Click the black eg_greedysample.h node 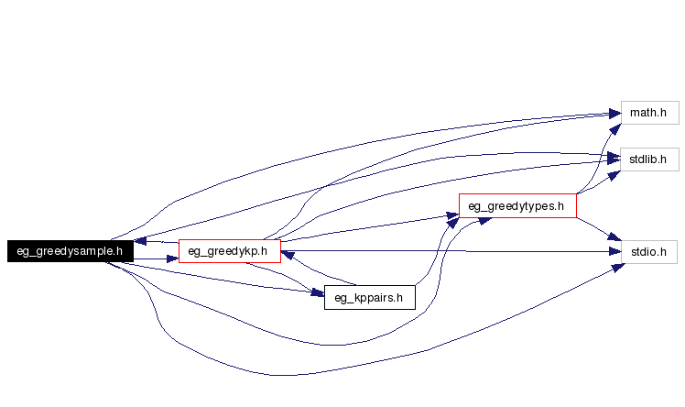coord(70,250)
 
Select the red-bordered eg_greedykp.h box coord(228,250)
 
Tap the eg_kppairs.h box coord(370,297)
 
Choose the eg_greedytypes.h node coord(517,205)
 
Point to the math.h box coord(648,113)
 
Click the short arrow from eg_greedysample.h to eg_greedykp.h coord(156,259)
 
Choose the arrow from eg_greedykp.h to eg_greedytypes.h coord(366,227)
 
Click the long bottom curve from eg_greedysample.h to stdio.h coord(275,375)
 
